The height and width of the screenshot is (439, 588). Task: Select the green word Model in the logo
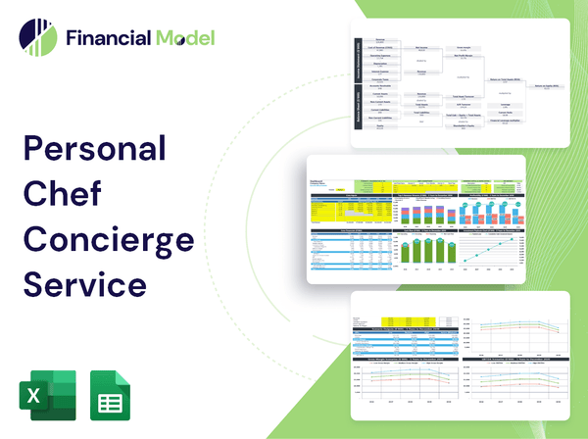point(183,38)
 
